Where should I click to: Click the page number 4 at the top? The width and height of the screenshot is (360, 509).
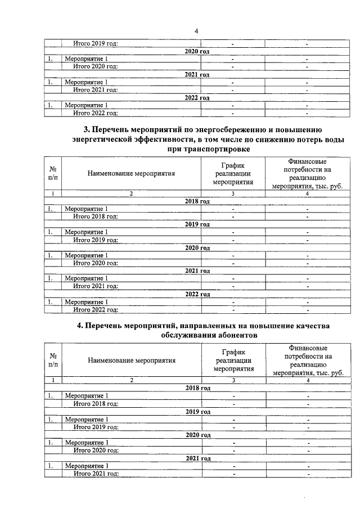tap(196, 31)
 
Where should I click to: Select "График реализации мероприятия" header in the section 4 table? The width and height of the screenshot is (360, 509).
tap(233, 360)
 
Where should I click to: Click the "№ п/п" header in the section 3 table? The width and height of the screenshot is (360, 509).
tap(52, 173)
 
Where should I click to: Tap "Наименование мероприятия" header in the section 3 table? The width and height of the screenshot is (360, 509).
tap(131, 173)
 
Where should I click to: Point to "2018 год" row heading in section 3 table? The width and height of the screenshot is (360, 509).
tap(197, 201)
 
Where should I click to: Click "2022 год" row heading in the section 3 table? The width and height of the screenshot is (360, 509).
tap(197, 294)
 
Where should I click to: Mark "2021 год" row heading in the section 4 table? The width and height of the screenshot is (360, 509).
tap(197, 458)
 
